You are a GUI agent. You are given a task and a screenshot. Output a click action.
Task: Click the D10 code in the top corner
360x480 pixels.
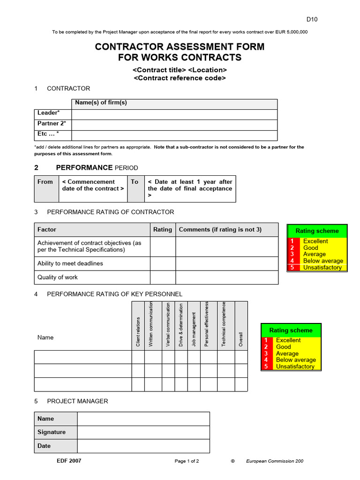point(312,19)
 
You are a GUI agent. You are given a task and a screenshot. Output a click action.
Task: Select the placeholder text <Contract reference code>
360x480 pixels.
point(180,78)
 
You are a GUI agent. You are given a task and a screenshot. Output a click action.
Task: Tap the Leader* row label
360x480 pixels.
point(49,113)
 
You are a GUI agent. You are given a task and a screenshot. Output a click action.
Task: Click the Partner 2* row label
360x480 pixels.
point(52,124)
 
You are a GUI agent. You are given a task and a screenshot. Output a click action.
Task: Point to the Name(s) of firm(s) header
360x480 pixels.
point(101,103)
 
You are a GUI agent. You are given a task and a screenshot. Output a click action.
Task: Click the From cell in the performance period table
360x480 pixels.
point(45,182)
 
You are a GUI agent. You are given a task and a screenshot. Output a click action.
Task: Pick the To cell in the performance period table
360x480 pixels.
point(135,182)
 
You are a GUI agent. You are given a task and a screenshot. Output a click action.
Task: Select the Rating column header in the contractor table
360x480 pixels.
point(163,230)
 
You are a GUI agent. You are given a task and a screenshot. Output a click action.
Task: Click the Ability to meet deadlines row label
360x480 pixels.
point(70,263)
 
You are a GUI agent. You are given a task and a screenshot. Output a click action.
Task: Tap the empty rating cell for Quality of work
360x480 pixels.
point(163,277)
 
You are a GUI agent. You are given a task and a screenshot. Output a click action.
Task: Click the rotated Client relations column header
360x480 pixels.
point(138,332)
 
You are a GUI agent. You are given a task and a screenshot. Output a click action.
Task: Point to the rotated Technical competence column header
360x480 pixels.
point(224,324)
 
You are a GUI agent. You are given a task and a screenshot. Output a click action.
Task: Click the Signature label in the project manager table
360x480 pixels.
point(52,432)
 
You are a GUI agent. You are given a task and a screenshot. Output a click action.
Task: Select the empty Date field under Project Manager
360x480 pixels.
point(143,446)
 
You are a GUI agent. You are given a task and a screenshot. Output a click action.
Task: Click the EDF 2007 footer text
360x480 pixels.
point(69,461)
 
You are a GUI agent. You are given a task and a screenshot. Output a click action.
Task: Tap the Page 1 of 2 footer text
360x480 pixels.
point(187,461)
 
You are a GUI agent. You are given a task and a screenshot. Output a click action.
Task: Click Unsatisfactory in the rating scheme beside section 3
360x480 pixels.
point(322,268)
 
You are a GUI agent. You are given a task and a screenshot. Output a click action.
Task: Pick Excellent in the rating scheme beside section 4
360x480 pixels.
point(288,340)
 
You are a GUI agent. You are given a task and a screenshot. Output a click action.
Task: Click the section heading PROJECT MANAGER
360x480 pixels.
point(77,401)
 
